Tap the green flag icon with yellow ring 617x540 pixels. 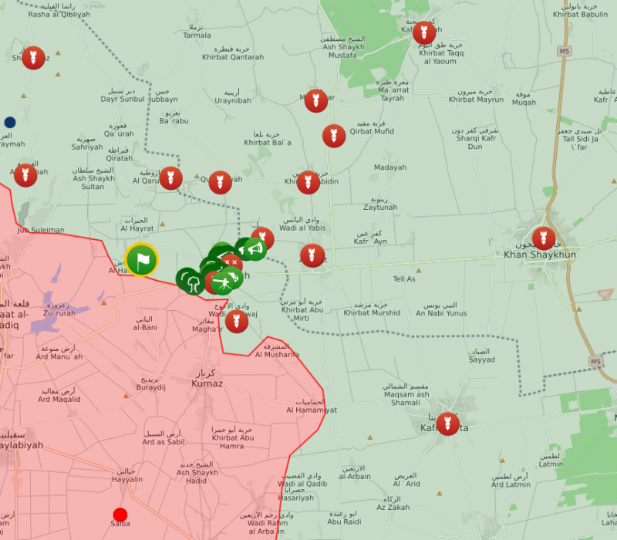[x=141, y=260]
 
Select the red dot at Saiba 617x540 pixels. [x=120, y=515]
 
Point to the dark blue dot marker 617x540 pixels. [x=10, y=122]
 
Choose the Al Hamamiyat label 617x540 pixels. [x=312, y=410]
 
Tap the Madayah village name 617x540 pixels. [x=389, y=167]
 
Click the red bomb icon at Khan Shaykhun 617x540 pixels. [x=543, y=238]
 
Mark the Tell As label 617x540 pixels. [x=404, y=278]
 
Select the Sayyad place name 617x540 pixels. [x=482, y=359]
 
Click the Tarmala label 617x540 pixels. [x=197, y=35]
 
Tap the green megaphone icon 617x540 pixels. [x=255, y=248]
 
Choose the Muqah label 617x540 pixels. [x=524, y=103]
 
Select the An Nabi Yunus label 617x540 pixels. [x=441, y=313]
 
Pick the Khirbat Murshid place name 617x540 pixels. [x=372, y=312]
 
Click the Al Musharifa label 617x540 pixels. [x=277, y=354]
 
